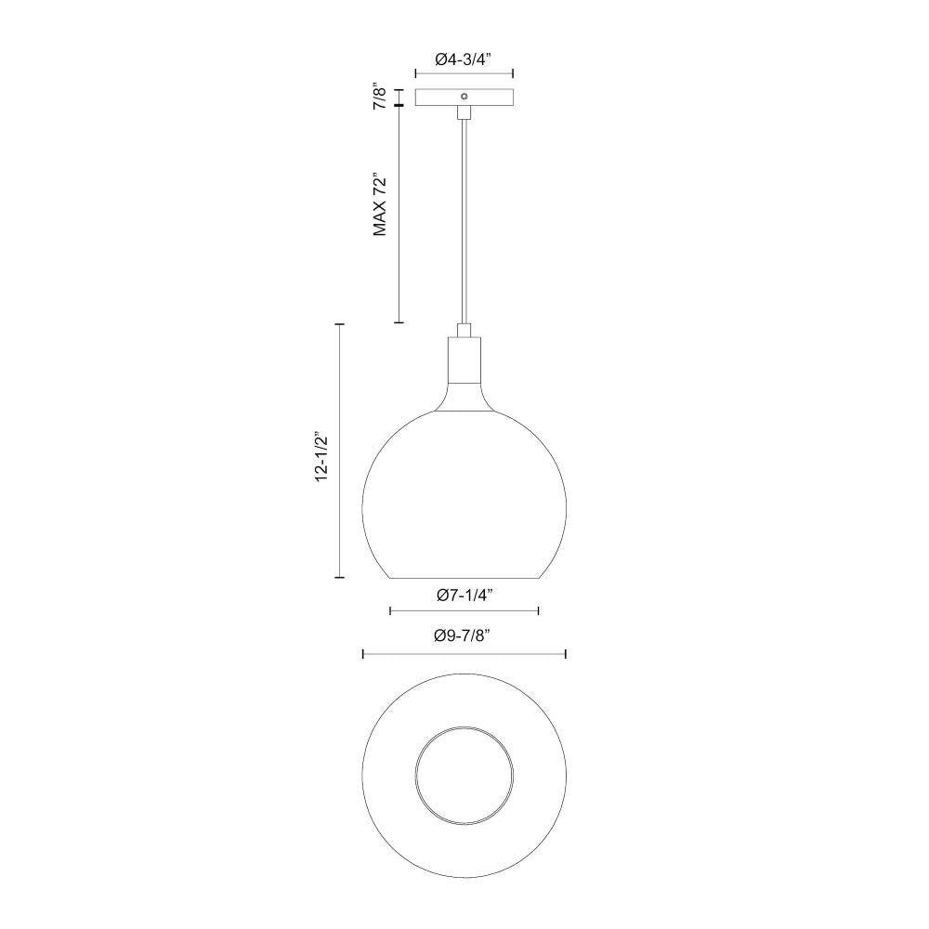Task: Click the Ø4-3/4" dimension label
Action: coord(464,59)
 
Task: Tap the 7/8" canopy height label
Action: coord(378,97)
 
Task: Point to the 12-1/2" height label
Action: coord(321,455)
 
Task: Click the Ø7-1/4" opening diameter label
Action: coord(464,595)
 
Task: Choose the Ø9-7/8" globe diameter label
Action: coord(462,636)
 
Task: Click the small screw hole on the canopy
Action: coord(464,97)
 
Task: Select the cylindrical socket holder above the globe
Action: coord(464,362)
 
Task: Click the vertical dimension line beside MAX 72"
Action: coord(399,214)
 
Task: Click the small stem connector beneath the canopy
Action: coord(464,112)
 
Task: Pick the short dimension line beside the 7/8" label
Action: coord(399,97)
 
